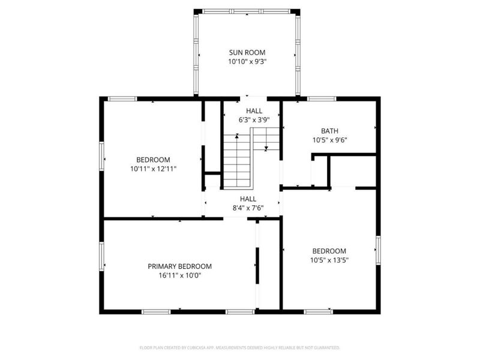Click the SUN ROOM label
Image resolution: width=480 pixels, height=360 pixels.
[x=247, y=52]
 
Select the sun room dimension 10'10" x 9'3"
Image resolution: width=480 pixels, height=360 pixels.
[x=247, y=62]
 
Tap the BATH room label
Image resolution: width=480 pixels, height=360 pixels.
[x=329, y=131]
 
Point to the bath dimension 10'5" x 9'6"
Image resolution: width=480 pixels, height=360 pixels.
[x=329, y=140]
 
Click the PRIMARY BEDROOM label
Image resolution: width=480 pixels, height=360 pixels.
[x=179, y=266]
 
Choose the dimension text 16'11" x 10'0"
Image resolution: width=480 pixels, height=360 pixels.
[x=179, y=275]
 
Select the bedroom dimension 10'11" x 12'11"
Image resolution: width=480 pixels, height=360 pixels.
[x=154, y=169]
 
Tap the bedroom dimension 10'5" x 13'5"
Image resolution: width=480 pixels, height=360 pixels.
[x=329, y=260]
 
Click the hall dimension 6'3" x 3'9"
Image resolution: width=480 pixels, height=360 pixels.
[x=254, y=120]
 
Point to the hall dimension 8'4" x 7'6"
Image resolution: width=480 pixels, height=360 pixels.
[x=248, y=208]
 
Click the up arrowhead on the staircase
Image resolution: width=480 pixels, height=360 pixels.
[x=237, y=136]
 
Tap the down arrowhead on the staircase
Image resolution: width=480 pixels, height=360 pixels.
[x=266, y=148]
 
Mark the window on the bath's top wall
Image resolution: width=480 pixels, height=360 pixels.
[x=322, y=98]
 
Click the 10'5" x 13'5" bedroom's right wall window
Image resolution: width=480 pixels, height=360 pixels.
[x=379, y=250]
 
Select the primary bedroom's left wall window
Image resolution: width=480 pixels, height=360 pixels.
[x=101, y=257]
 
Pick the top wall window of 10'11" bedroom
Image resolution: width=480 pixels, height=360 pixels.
[x=122, y=98]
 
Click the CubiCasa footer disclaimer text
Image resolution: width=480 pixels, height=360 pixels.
[x=239, y=348]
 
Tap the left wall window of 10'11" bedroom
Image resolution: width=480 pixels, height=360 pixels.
[x=101, y=157]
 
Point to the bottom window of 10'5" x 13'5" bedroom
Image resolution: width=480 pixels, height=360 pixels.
[x=319, y=311]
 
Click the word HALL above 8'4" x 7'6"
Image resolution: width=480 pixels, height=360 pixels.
[x=248, y=199]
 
